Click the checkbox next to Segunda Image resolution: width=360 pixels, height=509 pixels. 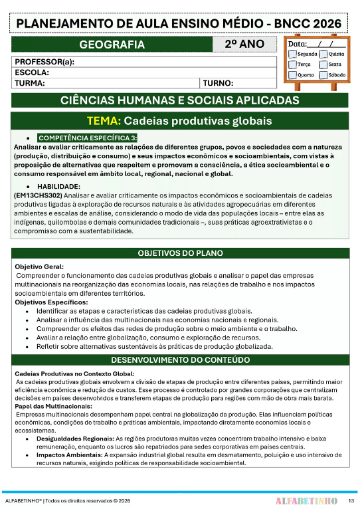tap(292, 54)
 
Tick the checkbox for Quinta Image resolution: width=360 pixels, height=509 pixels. tap(323, 54)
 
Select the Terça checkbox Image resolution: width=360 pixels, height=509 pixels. tap(292, 64)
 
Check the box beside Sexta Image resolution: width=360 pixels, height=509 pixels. tap(323, 64)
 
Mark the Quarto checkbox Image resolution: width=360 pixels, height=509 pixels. tap(292, 75)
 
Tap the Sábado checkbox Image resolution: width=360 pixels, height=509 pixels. tap(323, 75)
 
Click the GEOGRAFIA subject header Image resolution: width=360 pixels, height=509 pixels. tap(112, 45)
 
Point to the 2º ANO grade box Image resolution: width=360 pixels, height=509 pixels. tap(244, 45)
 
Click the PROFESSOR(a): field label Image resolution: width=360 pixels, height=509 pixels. tap(44, 62)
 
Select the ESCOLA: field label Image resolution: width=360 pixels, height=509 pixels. tap(31, 72)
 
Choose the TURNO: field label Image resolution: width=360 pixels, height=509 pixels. tap(219, 84)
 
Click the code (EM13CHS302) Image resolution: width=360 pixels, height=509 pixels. tap(38, 197)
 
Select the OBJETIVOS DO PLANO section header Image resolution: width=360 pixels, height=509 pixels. tap(180, 253)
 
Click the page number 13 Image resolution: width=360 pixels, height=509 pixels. tap(351, 498)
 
